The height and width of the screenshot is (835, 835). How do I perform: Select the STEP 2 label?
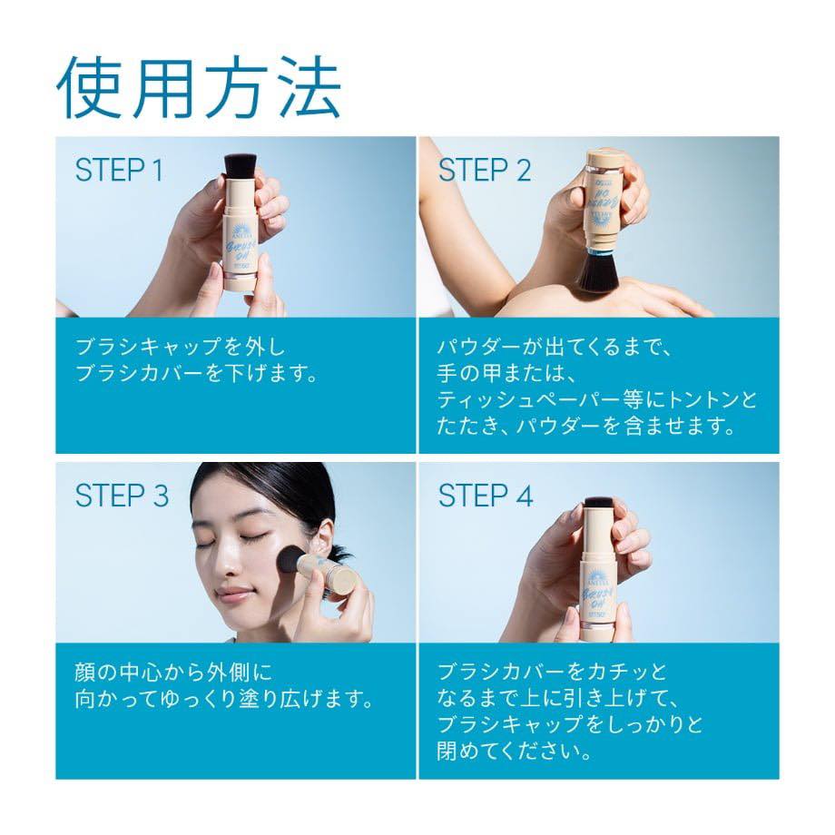(x=485, y=170)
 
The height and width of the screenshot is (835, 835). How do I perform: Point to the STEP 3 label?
(x=122, y=496)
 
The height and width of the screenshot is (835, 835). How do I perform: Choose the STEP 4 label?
(x=486, y=496)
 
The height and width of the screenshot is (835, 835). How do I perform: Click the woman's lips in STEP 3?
(x=234, y=594)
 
